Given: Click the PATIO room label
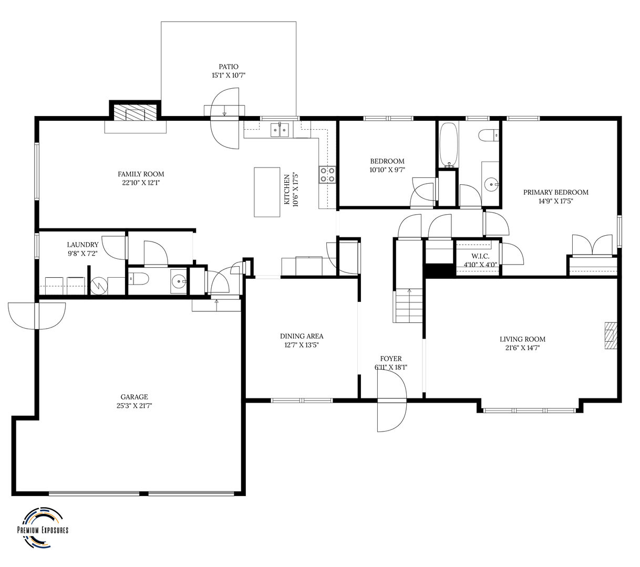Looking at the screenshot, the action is click(229, 67).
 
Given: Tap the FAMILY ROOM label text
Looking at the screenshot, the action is click(141, 174).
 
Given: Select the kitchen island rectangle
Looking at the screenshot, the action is click(267, 192).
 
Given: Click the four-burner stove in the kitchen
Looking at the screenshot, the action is click(327, 175).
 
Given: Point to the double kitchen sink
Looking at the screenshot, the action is click(280, 130).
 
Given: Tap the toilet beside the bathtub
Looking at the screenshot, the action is click(488, 135).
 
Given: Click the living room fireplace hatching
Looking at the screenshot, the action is click(611, 335).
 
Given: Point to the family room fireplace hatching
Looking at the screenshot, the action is click(135, 113).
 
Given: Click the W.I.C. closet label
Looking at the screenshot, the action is click(480, 256).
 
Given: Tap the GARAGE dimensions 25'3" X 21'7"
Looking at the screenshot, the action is click(135, 406).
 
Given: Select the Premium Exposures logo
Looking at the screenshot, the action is click(43, 528).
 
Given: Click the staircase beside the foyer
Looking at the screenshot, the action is click(408, 306).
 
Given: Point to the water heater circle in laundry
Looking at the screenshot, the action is click(99, 286).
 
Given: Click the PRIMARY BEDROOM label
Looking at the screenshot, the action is click(555, 192).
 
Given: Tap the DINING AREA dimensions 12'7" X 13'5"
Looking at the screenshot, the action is click(302, 345).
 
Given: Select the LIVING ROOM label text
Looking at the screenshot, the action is click(522, 339).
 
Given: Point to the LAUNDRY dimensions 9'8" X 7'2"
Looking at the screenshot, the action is click(82, 253).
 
